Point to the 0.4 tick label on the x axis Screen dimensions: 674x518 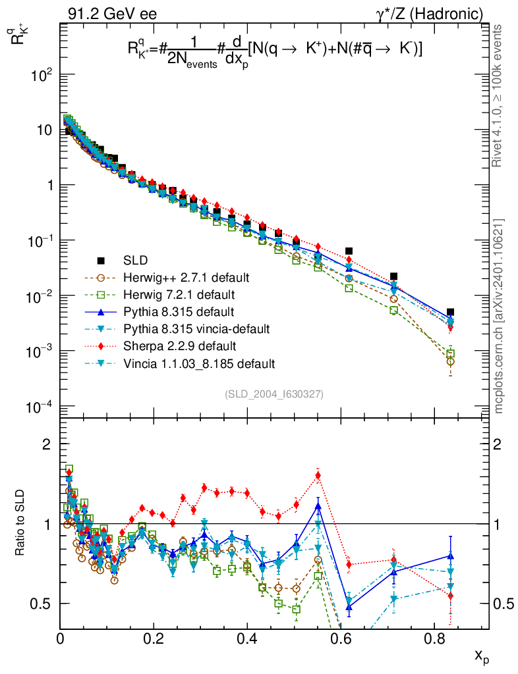coord(246,639)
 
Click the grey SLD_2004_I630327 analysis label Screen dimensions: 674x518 coord(274,395)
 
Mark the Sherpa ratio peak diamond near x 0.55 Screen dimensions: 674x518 coord(318,475)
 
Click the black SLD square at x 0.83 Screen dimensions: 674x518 coord(450,312)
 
